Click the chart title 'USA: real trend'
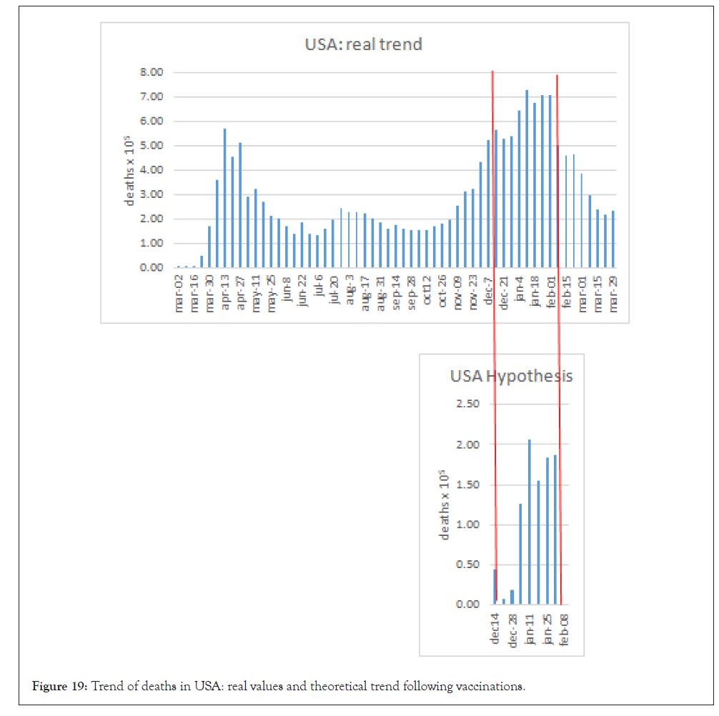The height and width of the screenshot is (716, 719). (x=363, y=44)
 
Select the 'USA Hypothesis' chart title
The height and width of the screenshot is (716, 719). (x=511, y=376)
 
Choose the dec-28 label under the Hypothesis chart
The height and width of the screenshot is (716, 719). (x=512, y=630)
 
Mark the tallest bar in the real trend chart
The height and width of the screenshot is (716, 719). (x=527, y=179)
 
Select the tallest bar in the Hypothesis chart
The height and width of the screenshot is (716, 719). (x=530, y=522)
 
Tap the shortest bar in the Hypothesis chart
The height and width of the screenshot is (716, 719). (x=504, y=601)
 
